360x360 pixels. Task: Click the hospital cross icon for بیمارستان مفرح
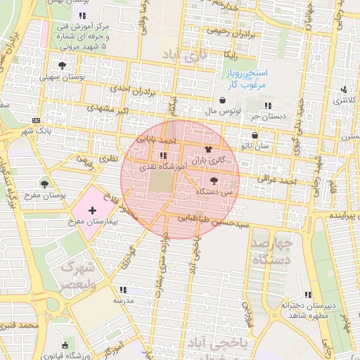[93, 210]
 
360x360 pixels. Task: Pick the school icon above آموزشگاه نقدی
[163, 155]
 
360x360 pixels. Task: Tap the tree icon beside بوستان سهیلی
[63, 65]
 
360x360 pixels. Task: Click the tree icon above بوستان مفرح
[45, 184]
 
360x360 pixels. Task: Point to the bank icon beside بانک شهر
[37, 120]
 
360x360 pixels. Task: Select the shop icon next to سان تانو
[255, 136]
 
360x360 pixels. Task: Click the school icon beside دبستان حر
[269, 105]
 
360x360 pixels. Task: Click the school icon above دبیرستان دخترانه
[307, 295]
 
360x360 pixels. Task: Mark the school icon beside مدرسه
[122, 289]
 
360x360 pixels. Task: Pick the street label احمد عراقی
[277, 181]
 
